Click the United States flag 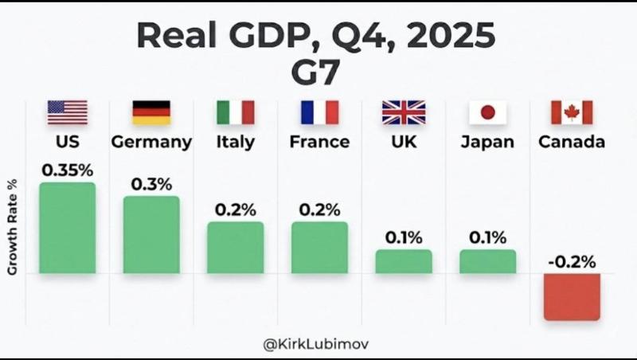67,112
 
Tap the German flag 151,112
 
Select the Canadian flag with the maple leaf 572,112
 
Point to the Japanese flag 487,112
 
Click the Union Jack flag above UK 404,112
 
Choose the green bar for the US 67,229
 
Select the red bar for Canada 572,297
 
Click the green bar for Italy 236,248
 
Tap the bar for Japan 487,261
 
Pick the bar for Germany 151,235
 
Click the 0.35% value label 67,170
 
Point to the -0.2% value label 572,261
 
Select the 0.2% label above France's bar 319,209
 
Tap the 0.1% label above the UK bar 404,237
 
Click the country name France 319,143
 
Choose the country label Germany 151,143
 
